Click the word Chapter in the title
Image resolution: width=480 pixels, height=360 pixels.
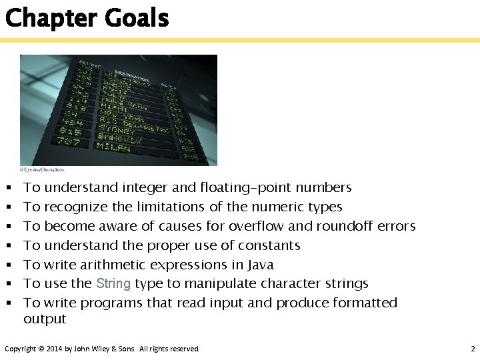click(x=51, y=18)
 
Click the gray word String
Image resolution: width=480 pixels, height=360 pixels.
click(x=113, y=283)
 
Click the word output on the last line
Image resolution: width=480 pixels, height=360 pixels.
click(x=45, y=319)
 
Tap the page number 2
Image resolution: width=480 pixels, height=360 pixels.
click(x=471, y=349)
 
